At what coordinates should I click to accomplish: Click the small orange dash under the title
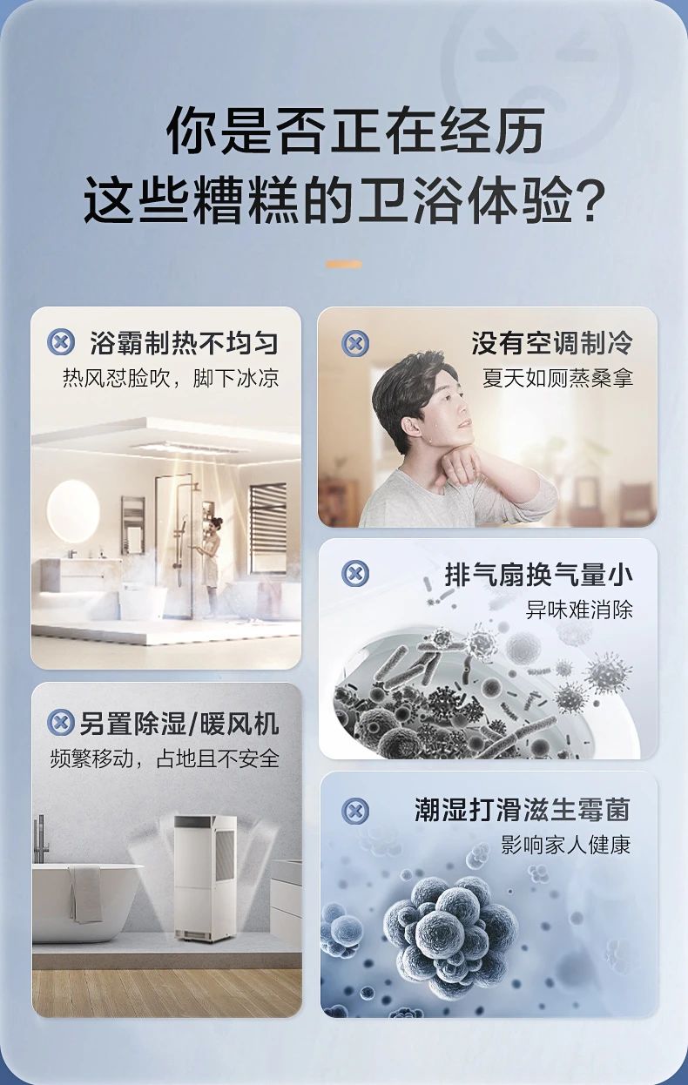coord(343,264)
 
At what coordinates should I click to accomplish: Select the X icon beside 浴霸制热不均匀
coord(60,342)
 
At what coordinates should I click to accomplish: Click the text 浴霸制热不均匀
coord(184,343)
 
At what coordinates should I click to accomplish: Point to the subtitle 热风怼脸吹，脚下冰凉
coord(171,379)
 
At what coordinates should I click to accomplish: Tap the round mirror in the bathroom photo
coord(73,511)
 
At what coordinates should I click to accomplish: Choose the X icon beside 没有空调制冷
coord(354,343)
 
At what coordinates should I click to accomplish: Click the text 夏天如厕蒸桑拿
coord(557,379)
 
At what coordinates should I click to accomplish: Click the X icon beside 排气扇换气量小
coord(354,574)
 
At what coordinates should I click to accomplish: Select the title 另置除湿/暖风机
coord(179,723)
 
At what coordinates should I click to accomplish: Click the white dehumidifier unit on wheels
coord(205,875)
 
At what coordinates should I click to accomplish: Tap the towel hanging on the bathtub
coord(85,893)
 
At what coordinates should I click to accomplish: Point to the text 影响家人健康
coord(566,845)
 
